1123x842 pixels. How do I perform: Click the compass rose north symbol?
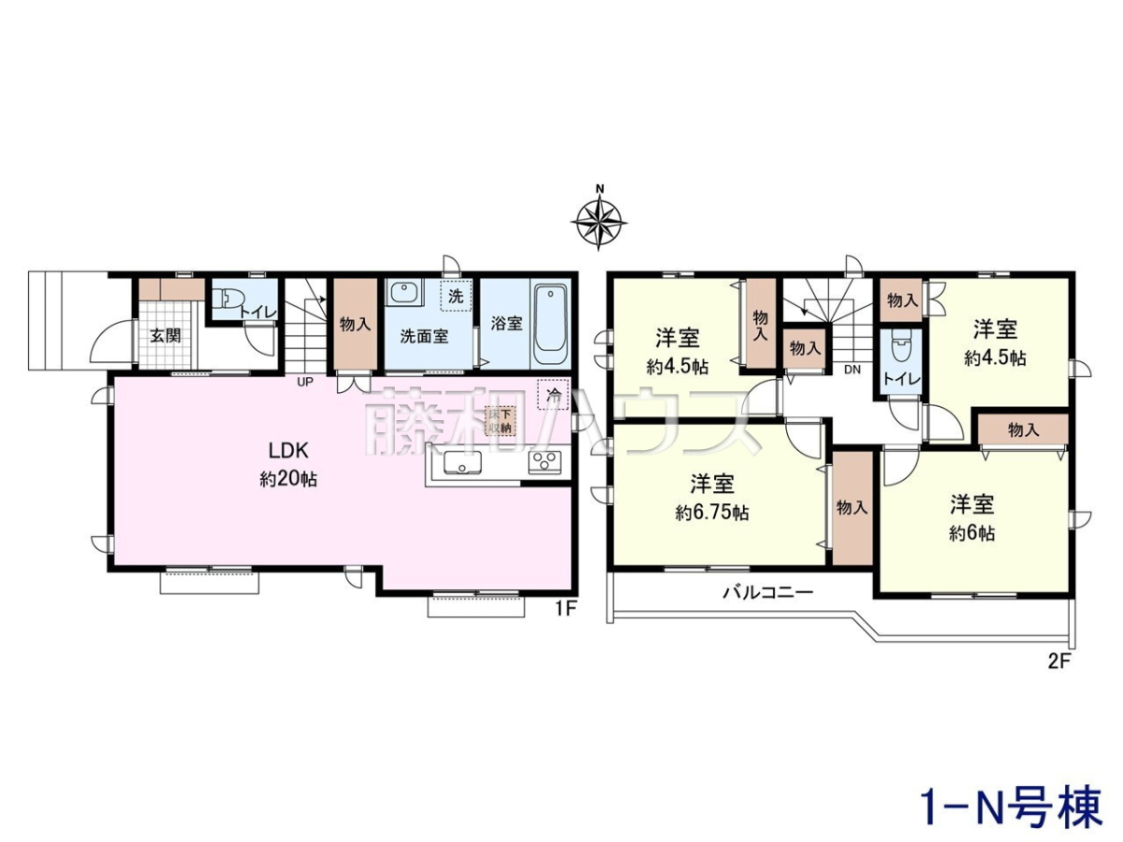click(599, 220)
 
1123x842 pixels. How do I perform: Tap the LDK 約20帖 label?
click(288, 465)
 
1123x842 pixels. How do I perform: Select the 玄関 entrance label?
click(166, 337)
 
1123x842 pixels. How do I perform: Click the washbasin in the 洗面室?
click(405, 294)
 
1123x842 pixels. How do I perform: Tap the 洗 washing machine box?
click(456, 296)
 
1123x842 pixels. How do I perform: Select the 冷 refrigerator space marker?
click(553, 394)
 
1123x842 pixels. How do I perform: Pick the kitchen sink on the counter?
click(463, 464)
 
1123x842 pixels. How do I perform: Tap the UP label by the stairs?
click(304, 382)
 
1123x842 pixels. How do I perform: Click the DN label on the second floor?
click(853, 370)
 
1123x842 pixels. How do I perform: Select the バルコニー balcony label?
click(767, 593)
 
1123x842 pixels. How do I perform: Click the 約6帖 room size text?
click(972, 533)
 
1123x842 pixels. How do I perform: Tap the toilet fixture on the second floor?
click(900, 352)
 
